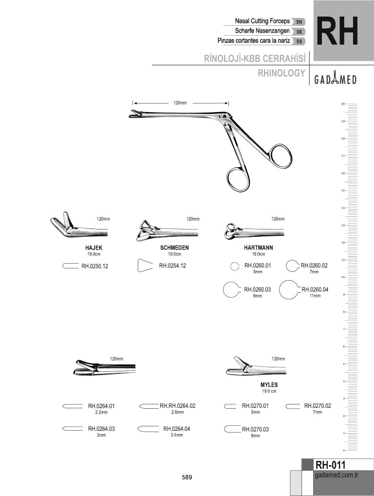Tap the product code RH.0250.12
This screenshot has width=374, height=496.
(x=94, y=266)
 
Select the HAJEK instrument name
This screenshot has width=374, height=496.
(x=94, y=248)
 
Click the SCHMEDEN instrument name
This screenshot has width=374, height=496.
(x=174, y=248)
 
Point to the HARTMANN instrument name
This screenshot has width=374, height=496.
(x=258, y=248)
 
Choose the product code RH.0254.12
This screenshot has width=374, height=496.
(x=172, y=266)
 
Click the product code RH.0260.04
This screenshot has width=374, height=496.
(x=315, y=289)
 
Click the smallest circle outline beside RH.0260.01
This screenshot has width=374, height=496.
(x=234, y=266)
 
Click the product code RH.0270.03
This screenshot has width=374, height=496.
(x=255, y=429)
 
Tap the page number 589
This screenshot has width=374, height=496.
(x=187, y=477)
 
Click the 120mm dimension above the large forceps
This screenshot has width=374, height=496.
(x=180, y=103)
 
